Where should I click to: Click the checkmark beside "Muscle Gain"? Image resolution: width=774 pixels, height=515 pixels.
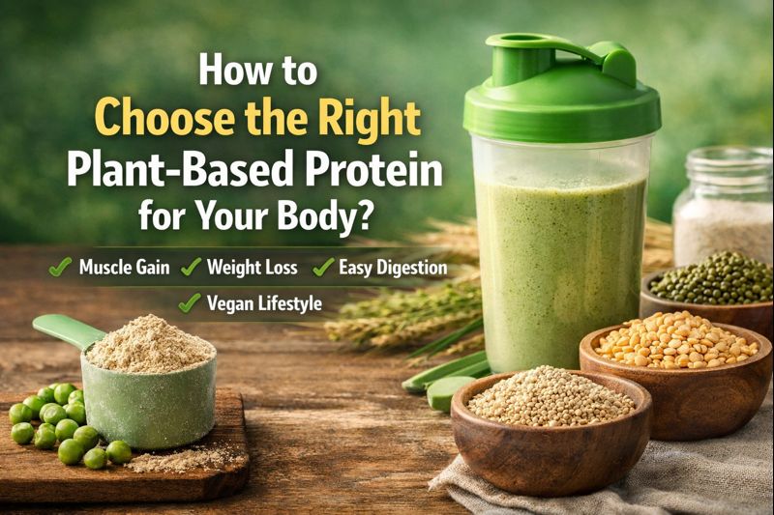(x=61, y=268)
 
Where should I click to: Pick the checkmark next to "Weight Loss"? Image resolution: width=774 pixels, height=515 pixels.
(x=190, y=268)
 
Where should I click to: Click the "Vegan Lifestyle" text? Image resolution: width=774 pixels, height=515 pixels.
(x=263, y=302)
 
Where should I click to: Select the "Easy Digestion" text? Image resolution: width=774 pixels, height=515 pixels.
(x=392, y=268)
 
